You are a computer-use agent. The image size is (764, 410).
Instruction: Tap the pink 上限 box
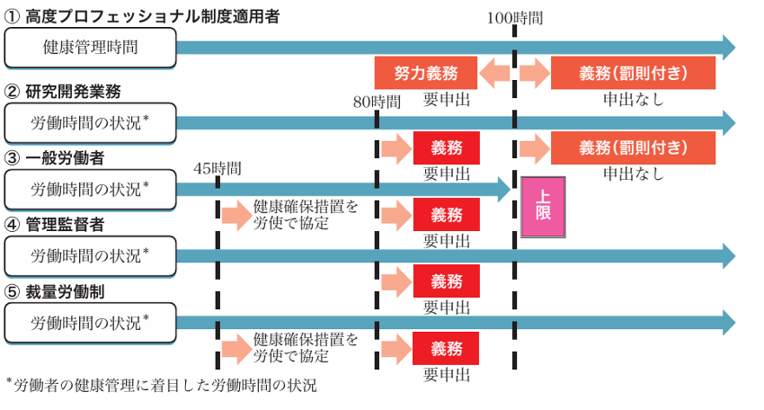click(x=543, y=206)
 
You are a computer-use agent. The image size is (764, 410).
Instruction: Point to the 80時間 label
click(x=377, y=100)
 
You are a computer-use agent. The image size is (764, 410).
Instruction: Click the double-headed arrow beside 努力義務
click(x=494, y=72)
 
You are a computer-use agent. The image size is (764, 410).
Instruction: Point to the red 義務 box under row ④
click(x=446, y=281)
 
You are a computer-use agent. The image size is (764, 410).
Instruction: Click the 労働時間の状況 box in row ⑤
click(x=90, y=322)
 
